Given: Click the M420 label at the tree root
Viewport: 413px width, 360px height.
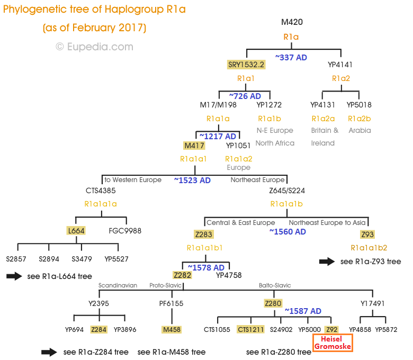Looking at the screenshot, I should pyautogui.click(x=292, y=22).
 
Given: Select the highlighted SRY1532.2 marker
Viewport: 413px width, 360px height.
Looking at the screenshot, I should pyautogui.click(x=246, y=65).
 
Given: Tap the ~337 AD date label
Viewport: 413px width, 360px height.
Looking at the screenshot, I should pyautogui.click(x=291, y=57).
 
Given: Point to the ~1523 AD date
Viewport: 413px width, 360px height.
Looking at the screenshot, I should pyautogui.click(x=192, y=181).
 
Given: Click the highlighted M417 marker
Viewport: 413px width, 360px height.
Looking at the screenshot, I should pyautogui.click(x=194, y=146).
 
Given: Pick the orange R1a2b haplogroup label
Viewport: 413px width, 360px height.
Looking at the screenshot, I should pyautogui.click(x=360, y=118).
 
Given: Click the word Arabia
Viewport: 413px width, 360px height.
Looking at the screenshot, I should pyautogui.click(x=360, y=130).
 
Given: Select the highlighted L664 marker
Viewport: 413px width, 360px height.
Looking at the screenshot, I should pyautogui.click(x=76, y=231).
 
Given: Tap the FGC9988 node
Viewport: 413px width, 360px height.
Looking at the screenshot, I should pyautogui.click(x=125, y=231).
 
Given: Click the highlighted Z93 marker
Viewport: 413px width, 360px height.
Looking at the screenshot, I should pyautogui.click(x=367, y=235).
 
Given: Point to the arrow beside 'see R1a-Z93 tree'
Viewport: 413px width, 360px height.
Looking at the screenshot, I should pyautogui.click(x=327, y=262).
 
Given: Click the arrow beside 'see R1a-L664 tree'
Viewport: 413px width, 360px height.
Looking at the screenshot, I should pyautogui.click(x=14, y=276).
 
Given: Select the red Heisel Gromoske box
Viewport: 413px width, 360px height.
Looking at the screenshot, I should pyautogui.click(x=333, y=342).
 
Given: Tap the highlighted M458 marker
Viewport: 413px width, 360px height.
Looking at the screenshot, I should pyautogui.click(x=172, y=329).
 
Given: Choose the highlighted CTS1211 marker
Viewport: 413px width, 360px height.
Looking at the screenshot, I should pyautogui.click(x=250, y=329).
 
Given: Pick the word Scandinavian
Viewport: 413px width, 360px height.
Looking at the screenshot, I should pyautogui.click(x=118, y=286).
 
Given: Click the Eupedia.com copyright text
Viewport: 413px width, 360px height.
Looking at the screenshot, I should pyautogui.click(x=94, y=47).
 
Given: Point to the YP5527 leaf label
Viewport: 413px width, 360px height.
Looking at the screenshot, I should pyautogui.click(x=116, y=259).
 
